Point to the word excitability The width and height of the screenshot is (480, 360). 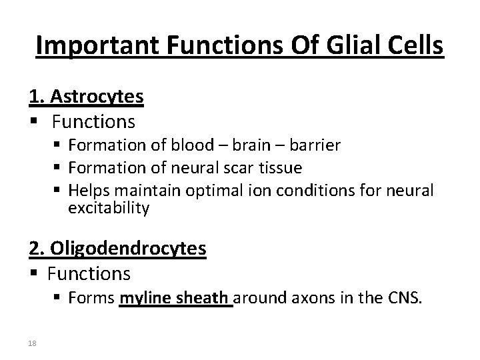[x=109, y=209]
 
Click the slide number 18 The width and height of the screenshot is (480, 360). [x=33, y=343]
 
